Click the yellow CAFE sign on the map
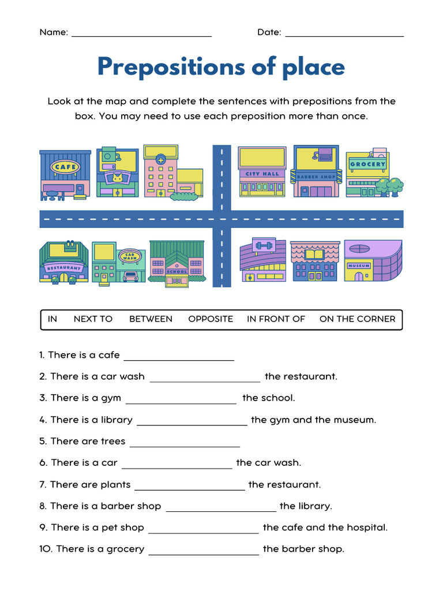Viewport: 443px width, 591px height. point(65,167)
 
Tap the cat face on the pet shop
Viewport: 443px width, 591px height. point(117,178)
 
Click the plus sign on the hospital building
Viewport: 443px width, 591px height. point(160,159)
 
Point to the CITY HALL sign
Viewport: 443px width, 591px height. point(262,174)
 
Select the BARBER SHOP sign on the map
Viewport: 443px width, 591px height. point(316,177)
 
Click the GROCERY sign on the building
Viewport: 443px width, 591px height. point(367,164)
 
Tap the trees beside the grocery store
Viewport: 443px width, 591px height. point(390,186)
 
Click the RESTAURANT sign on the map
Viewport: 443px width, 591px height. point(63,268)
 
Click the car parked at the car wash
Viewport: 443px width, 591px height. point(131,276)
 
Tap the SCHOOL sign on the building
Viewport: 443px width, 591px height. point(177,271)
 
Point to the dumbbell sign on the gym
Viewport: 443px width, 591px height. point(262,245)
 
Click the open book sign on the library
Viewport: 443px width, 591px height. point(315,255)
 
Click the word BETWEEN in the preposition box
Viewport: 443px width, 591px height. point(151,319)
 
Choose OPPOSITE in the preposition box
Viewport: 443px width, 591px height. point(211,319)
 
